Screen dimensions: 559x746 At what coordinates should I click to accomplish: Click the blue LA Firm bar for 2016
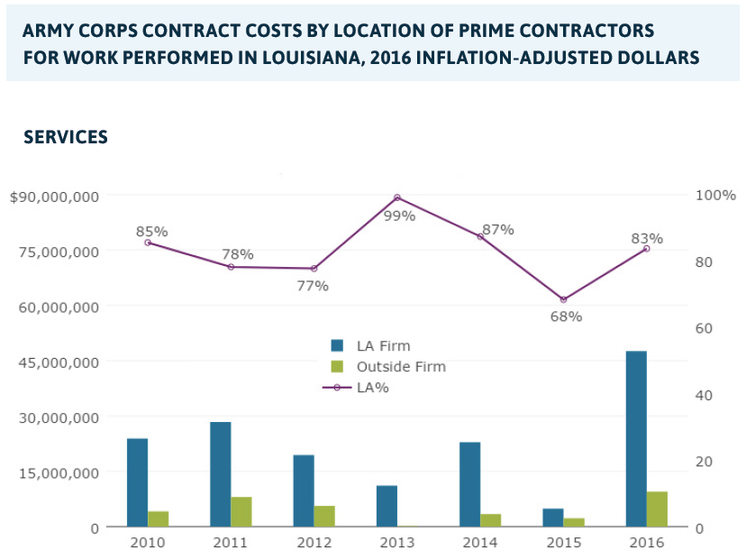point(636,438)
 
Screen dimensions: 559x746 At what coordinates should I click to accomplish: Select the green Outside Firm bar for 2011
point(241,511)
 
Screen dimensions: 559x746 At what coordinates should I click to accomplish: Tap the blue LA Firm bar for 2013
point(387,506)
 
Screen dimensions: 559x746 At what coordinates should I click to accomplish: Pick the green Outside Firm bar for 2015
point(574,522)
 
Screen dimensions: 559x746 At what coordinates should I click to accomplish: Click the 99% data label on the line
point(399,216)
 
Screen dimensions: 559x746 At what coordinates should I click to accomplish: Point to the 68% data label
point(567,316)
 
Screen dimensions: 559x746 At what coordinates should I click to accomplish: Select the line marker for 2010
point(148,243)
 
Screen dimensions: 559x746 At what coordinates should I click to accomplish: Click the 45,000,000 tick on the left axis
point(61,362)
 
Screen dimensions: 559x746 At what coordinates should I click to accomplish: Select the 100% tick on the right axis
point(717,195)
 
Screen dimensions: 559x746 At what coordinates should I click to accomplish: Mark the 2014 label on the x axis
point(479,543)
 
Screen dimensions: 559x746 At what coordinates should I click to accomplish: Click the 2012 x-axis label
point(313,543)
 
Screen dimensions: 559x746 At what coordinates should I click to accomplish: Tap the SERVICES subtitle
point(66,137)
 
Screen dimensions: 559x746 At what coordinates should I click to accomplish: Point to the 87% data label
point(497,230)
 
